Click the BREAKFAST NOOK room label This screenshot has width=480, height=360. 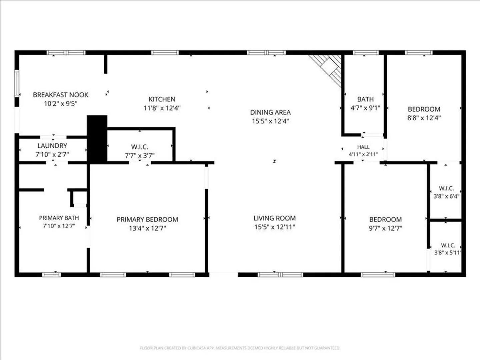(x=61, y=95)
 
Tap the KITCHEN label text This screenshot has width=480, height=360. (x=162, y=99)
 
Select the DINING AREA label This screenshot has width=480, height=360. (x=270, y=112)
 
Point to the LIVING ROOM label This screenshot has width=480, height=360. (x=275, y=218)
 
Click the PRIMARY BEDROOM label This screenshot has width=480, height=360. (x=147, y=219)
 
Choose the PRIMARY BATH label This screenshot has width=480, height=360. (x=59, y=218)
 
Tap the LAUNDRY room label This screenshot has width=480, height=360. (x=52, y=146)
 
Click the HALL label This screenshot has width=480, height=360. (x=363, y=147)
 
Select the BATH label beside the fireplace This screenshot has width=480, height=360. (x=365, y=99)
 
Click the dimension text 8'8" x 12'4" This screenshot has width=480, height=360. (x=424, y=118)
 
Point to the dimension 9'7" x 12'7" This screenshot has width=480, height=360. (x=386, y=228)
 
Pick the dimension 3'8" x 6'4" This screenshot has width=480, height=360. (x=446, y=196)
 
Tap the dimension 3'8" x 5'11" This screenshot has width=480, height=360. (x=448, y=253)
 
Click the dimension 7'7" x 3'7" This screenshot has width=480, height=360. (x=140, y=156)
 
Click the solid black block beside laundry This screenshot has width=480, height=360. (x=97, y=139)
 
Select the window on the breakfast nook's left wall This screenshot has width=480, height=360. (x=17, y=83)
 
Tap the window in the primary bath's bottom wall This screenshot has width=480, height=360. (x=52, y=275)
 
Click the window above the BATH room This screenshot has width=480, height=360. (x=366, y=53)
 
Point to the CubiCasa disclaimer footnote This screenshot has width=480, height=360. (x=240, y=348)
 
